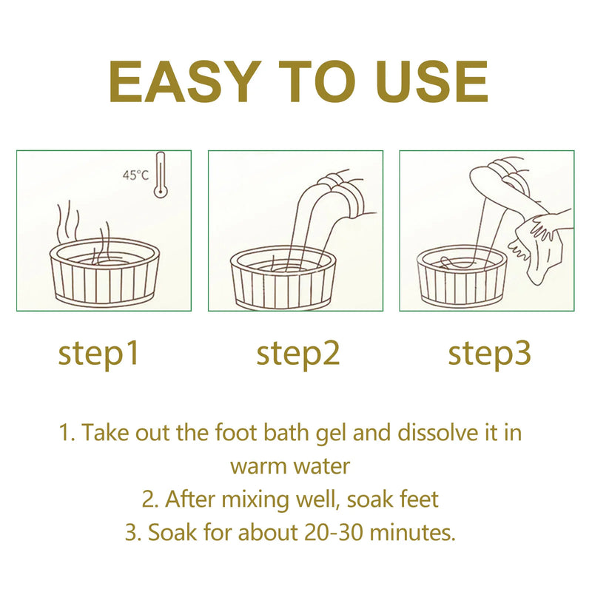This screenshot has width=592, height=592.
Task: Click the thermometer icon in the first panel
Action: point(161,175)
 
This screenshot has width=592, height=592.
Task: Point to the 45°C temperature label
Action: point(135,175)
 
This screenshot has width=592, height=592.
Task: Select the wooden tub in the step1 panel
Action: point(104,270)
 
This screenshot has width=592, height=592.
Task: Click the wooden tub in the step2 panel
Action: point(283,277)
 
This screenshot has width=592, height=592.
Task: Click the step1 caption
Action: point(99,354)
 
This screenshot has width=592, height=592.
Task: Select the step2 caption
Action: point(298,354)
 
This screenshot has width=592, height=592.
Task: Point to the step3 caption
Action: point(489,354)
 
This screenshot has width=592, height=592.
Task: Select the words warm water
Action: point(290,466)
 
